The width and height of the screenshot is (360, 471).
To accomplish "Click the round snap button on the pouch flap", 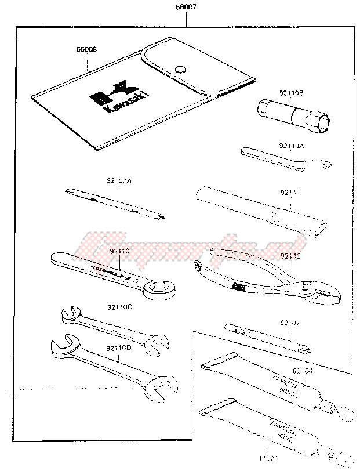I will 180,68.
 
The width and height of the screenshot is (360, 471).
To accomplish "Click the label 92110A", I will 291,147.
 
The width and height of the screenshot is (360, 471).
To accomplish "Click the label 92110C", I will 119,307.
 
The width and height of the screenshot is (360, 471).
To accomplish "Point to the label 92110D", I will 119,347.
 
